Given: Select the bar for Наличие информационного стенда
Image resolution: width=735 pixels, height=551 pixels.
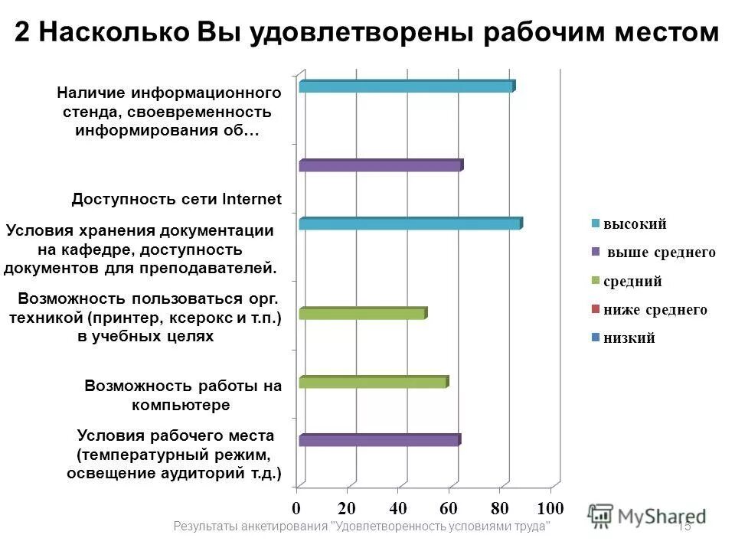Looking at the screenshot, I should [406, 86].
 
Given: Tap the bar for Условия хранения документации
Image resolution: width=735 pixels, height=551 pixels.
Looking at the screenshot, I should [410, 223].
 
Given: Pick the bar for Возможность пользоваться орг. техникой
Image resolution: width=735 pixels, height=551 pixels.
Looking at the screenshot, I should [362, 313].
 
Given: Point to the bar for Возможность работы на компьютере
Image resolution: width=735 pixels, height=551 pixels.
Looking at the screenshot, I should [373, 382].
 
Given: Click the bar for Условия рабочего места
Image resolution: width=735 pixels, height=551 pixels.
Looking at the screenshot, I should [379, 440].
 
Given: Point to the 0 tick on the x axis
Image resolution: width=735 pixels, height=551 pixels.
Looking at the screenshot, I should [296, 508].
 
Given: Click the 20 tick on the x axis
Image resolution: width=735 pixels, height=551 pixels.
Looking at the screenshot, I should [347, 508].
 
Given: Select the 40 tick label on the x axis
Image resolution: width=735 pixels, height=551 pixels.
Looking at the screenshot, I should [397, 508].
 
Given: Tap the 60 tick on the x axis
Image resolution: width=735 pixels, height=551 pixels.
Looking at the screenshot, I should [448, 508].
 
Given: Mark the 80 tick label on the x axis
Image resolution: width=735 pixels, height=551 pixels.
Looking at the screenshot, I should [499, 508].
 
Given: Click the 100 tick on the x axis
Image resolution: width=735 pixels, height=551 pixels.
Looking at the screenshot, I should [550, 508].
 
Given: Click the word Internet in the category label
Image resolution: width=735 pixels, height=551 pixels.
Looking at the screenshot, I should [252, 200].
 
